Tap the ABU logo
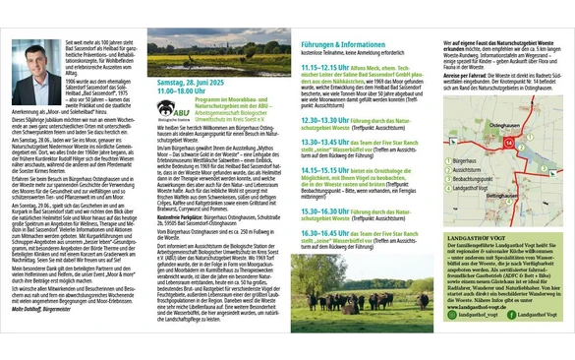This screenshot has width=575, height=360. click(x=166, y=107)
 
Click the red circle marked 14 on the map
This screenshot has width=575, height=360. click(x=508, y=142)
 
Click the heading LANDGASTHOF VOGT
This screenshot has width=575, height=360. click(x=478, y=235)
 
